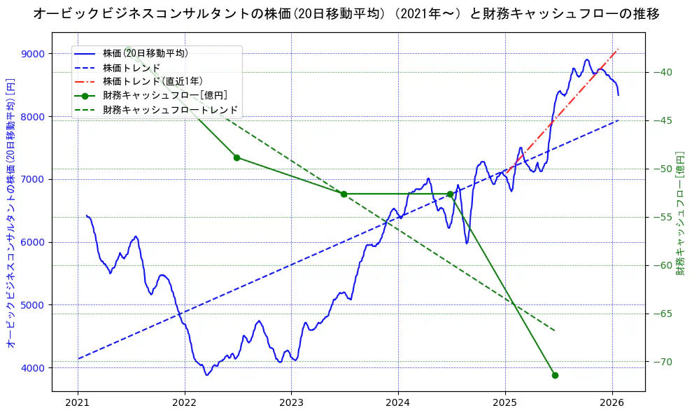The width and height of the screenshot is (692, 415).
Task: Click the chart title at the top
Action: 346,13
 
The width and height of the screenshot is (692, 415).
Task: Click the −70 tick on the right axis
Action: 662,362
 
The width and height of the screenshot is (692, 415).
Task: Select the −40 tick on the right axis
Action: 662,72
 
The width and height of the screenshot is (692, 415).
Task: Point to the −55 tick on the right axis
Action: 662,217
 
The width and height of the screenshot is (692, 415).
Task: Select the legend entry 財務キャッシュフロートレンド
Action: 170,110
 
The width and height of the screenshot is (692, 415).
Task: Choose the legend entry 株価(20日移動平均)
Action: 145,52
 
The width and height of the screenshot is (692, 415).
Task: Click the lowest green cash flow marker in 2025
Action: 555,375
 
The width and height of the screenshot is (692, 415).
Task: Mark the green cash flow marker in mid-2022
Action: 236,157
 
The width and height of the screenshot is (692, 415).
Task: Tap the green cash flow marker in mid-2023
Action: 344,194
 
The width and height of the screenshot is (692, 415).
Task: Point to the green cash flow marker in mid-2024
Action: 450,194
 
